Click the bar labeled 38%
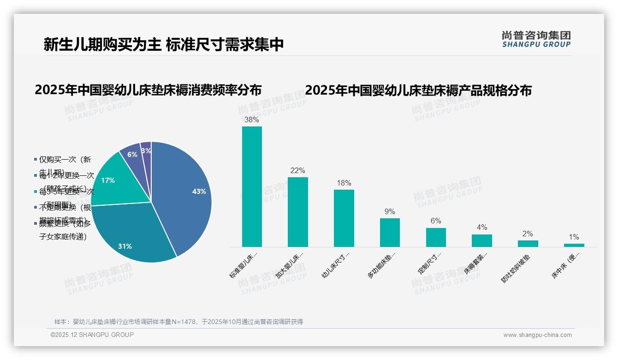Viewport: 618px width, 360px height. pyautogui.click(x=252, y=186)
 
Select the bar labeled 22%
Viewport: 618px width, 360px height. pyautogui.click(x=297, y=212)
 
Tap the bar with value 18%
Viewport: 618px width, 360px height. pyautogui.click(x=344, y=218)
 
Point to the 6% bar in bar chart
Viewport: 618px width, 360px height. pyautogui.click(x=435, y=237)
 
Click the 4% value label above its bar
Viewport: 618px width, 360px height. pyautogui.click(x=481, y=227)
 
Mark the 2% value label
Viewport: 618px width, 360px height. pyautogui.click(x=528, y=234)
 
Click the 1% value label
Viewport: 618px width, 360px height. pyautogui.click(x=574, y=237)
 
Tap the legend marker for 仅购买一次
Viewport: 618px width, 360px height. pyautogui.click(x=36, y=160)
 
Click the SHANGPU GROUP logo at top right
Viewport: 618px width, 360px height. pyautogui.click(x=536, y=39)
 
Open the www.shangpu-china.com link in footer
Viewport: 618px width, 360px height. pyautogui.click(x=537, y=335)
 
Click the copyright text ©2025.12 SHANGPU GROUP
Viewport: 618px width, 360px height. pyautogui.click(x=92, y=335)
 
